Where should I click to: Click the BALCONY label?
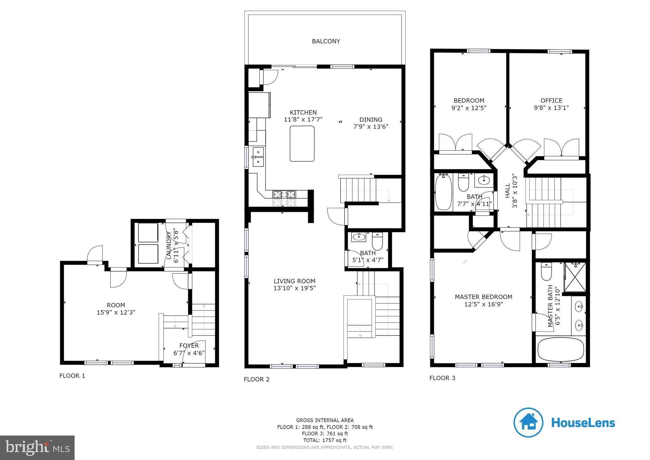tap(326, 41)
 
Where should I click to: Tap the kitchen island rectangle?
tap(302, 144)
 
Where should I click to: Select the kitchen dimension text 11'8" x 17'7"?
tap(303, 119)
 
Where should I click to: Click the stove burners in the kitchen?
tap(284, 194)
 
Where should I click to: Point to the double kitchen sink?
tap(258, 157)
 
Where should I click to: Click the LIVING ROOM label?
tap(294, 281)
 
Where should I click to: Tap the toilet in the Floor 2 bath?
tap(377, 242)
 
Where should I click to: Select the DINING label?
tap(370, 120)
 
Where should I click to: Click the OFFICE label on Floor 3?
tap(551, 101)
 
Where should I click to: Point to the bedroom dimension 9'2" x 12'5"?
tap(469, 108)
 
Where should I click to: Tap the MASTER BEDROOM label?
tap(483, 297)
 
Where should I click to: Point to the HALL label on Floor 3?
tap(507, 191)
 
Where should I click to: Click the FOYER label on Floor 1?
tap(189, 346)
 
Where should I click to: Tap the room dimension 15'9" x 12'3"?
tap(116, 312)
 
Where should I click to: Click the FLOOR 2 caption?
tap(256, 379)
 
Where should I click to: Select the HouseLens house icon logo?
tap(528, 423)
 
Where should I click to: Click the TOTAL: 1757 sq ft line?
tap(325, 440)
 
